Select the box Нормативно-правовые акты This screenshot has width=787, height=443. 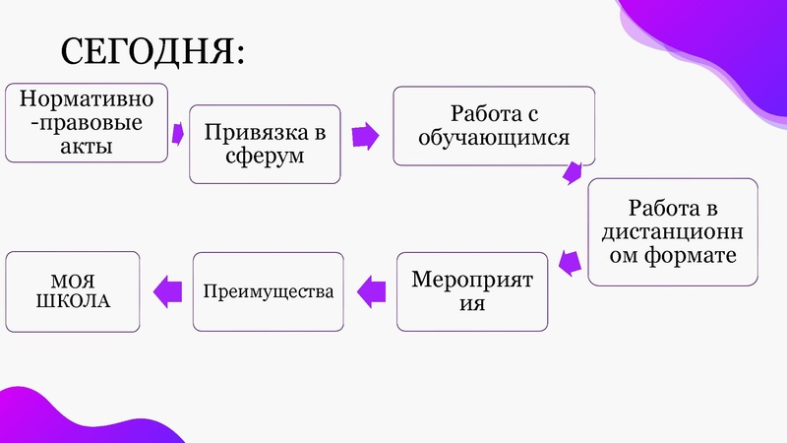tap(86, 123)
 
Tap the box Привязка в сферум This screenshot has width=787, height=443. tap(265, 144)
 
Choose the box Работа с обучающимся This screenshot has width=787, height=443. tap(494, 126)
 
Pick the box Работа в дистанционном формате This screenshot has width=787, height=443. tap(673, 231)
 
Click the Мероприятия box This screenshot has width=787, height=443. tap(472, 291)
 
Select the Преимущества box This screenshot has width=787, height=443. tap(269, 291)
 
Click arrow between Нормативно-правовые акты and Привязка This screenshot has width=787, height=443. tap(178, 132)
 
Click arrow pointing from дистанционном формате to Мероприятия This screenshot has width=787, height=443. tap(566, 261)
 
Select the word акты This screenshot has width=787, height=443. tap(86, 147)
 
